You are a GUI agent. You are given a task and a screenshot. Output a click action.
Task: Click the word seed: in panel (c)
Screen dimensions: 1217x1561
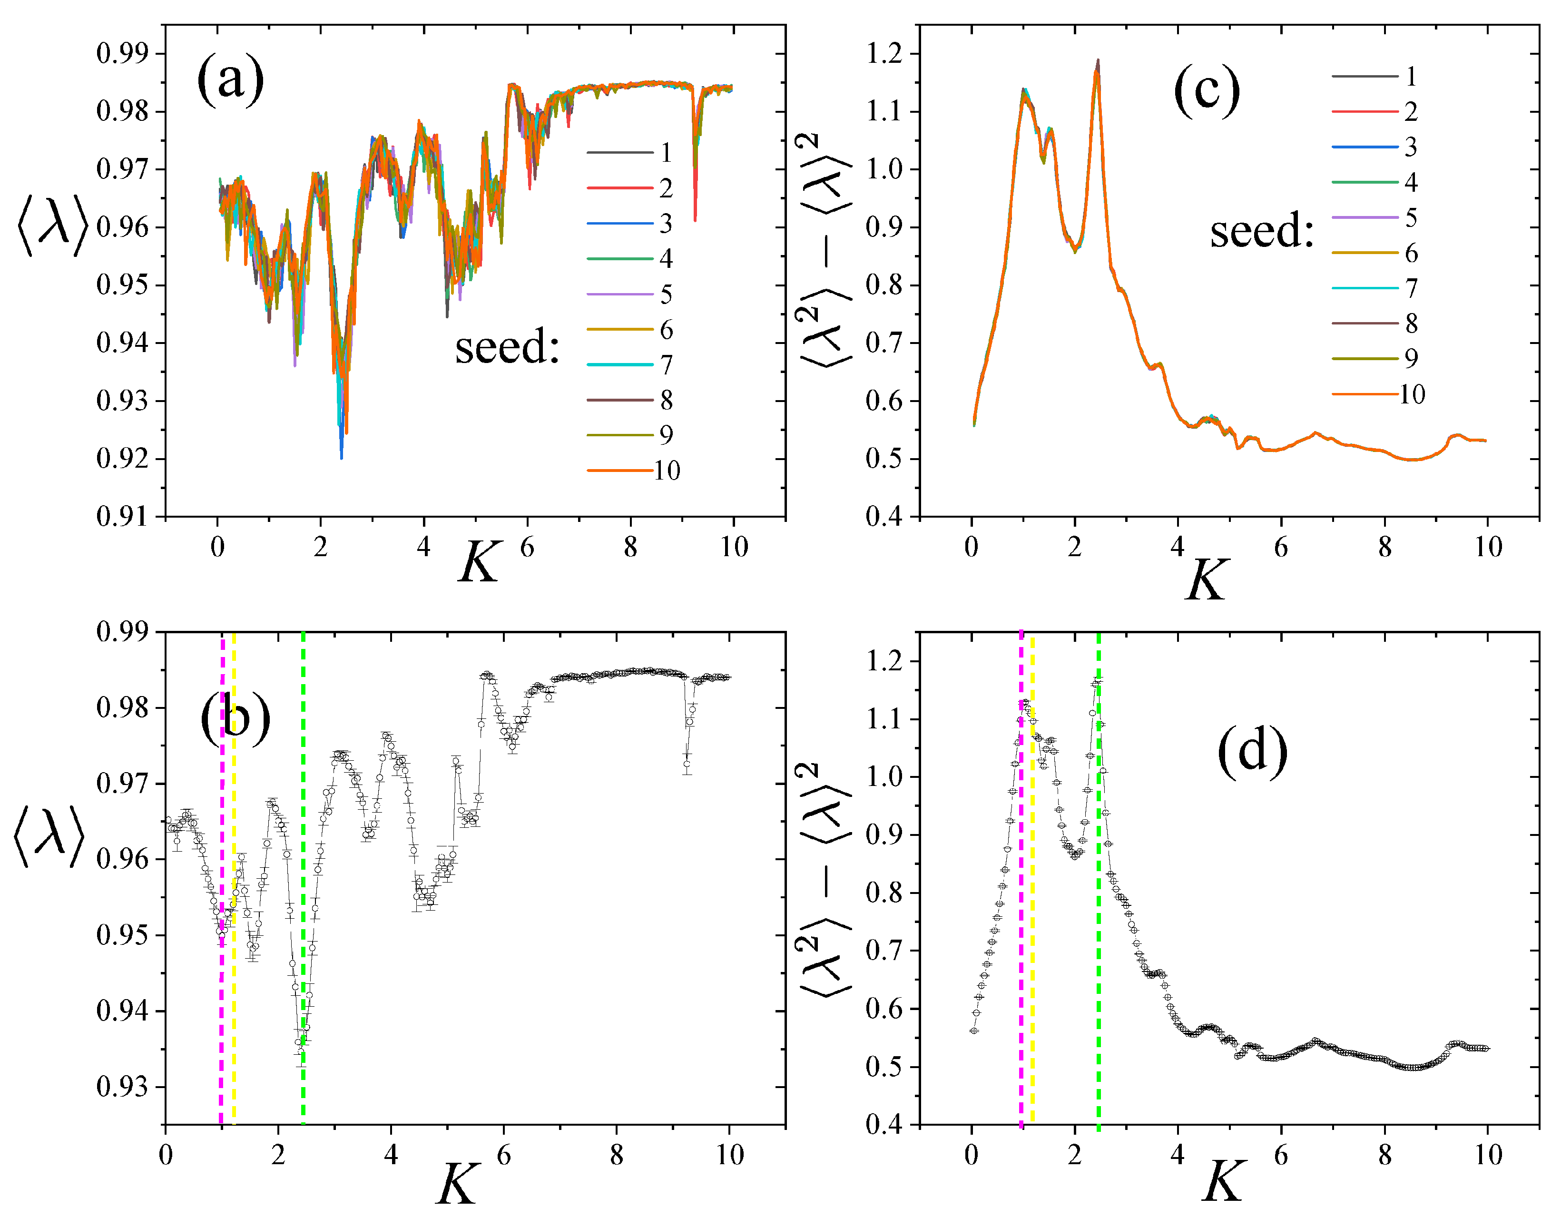pos(1262,232)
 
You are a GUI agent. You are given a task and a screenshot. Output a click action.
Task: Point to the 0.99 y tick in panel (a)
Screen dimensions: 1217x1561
pos(122,54)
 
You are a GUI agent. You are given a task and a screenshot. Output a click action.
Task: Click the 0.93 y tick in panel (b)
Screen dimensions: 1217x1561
pos(122,1087)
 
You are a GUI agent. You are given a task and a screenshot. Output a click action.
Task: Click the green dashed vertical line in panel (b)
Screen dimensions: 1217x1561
pos(303,857)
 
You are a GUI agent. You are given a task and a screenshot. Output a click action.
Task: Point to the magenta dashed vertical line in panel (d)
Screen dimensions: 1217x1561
pos(1021,929)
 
